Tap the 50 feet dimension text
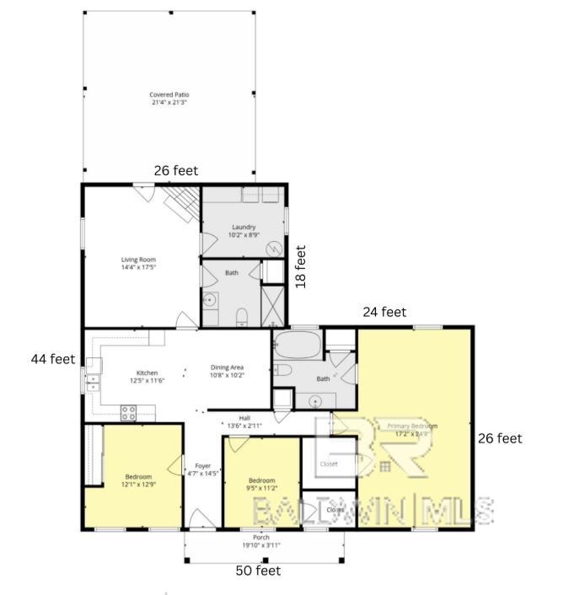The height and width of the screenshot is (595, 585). [x=257, y=571]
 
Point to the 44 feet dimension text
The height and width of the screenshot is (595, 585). [x=53, y=359]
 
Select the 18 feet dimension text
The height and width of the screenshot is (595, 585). [x=301, y=267]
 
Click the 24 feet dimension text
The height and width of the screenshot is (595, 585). [x=384, y=312]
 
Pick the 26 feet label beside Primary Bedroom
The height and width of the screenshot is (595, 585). [x=500, y=438]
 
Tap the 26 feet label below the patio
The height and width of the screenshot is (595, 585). [x=176, y=171]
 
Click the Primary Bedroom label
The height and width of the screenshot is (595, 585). [x=412, y=426]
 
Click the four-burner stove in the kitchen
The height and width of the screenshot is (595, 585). [x=129, y=412]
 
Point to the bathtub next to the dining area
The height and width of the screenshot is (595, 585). [x=298, y=345]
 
